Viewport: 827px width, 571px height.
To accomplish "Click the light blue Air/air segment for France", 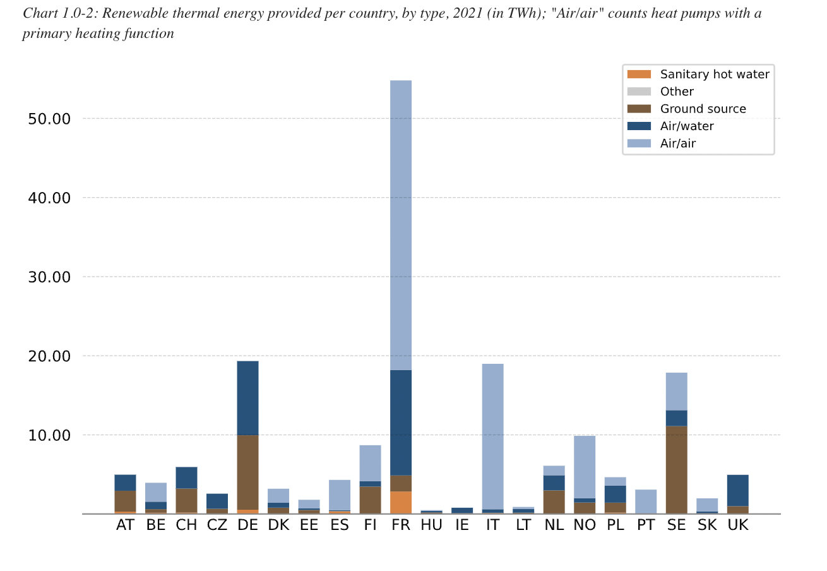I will point(401,224).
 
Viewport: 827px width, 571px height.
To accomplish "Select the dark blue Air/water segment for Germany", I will point(247,398).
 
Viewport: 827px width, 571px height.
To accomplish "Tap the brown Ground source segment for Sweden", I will point(676,469).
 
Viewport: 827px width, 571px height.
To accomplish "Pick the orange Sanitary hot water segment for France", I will point(401,503).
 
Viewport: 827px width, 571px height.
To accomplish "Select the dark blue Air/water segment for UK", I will point(737,490).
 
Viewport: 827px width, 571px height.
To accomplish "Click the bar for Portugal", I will point(646,502).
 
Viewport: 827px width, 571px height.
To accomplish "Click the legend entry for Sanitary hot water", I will point(715,75).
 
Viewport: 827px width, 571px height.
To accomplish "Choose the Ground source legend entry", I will point(703,109).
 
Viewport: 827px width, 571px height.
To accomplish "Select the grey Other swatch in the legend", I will point(639,92).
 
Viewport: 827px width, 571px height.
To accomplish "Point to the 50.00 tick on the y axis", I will point(49,119).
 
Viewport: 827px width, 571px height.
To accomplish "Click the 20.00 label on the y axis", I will point(49,356).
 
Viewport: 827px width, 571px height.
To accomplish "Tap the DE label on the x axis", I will point(247,526).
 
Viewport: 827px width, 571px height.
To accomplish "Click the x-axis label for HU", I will point(431,526).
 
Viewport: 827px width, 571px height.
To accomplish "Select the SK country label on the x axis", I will point(707,526).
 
